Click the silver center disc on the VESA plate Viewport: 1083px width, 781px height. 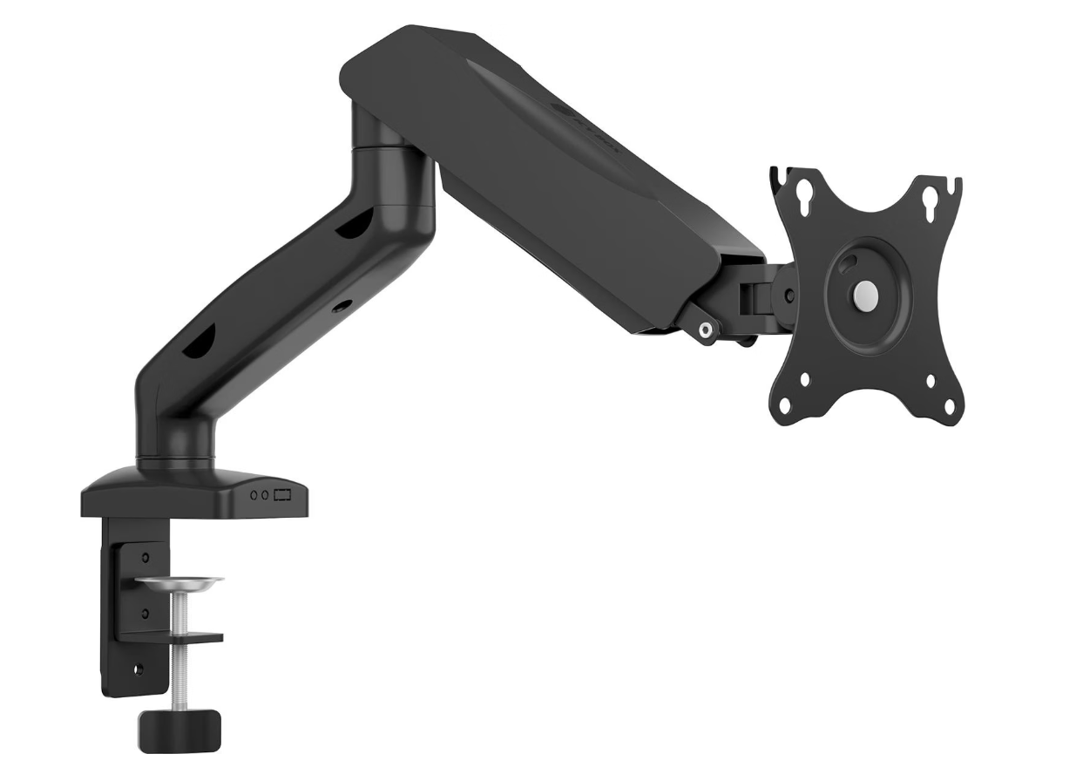(x=865, y=291)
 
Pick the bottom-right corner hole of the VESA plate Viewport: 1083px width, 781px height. (x=948, y=406)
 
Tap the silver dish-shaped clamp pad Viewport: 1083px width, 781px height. (x=179, y=581)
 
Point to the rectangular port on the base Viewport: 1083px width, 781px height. (x=282, y=495)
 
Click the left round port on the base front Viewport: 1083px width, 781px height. (x=254, y=495)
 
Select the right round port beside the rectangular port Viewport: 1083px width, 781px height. (x=266, y=495)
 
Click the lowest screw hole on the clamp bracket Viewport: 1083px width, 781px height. (x=136, y=669)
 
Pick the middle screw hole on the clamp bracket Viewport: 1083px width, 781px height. (x=145, y=612)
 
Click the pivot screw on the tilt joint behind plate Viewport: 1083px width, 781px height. (x=789, y=295)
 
